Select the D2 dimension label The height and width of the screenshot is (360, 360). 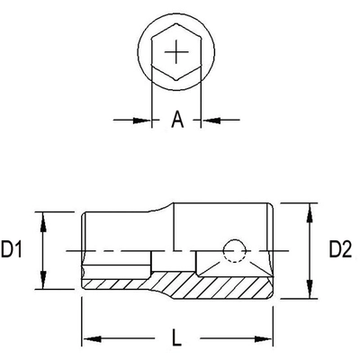coord(339,249)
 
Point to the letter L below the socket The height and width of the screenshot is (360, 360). coord(177,339)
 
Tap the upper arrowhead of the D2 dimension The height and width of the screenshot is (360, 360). coord(310,208)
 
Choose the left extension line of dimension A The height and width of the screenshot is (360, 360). coord(150,99)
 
